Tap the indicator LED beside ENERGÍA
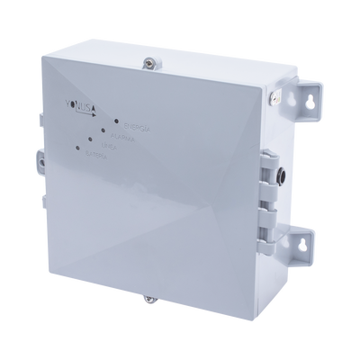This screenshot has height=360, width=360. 117,119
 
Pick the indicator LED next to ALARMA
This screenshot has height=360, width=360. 104,131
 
